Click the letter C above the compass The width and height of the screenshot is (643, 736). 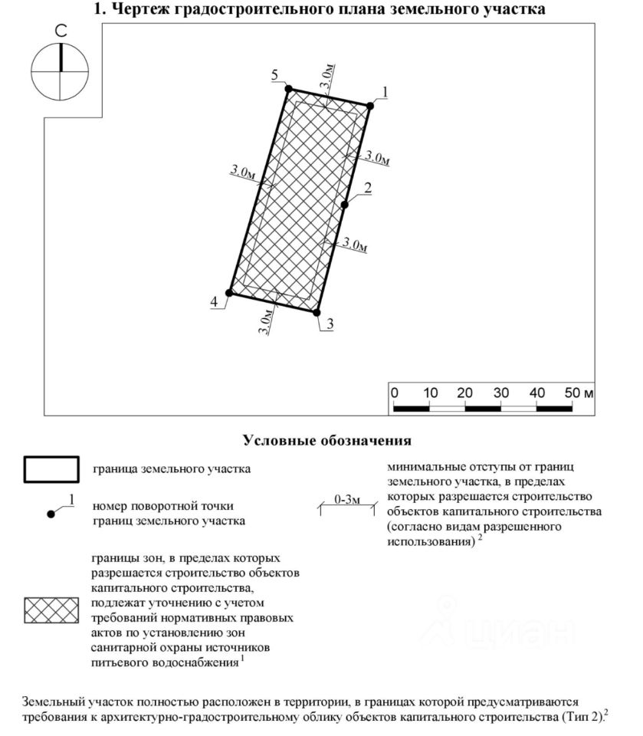coord(59,32)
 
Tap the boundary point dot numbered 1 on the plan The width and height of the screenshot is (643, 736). coord(369,107)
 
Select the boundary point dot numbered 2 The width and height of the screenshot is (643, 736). coord(345,205)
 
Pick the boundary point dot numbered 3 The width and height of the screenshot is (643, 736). coord(316,312)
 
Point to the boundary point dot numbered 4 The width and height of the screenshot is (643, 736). coord(229,293)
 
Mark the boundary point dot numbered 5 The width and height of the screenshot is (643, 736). coord(289,89)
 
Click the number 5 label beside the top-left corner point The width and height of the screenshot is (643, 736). coord(274,74)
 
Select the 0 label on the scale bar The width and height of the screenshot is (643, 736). coord(395,393)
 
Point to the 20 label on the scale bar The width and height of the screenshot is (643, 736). coord(465,393)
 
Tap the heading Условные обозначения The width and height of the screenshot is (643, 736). coord(327,441)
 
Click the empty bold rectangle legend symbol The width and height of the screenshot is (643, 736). coord(52,469)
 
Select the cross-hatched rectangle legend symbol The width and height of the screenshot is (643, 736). coord(52,610)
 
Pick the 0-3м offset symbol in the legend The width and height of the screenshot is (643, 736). coord(347,504)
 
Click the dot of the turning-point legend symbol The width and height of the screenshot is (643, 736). coord(51,514)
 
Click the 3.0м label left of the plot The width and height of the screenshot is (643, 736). coord(242,172)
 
